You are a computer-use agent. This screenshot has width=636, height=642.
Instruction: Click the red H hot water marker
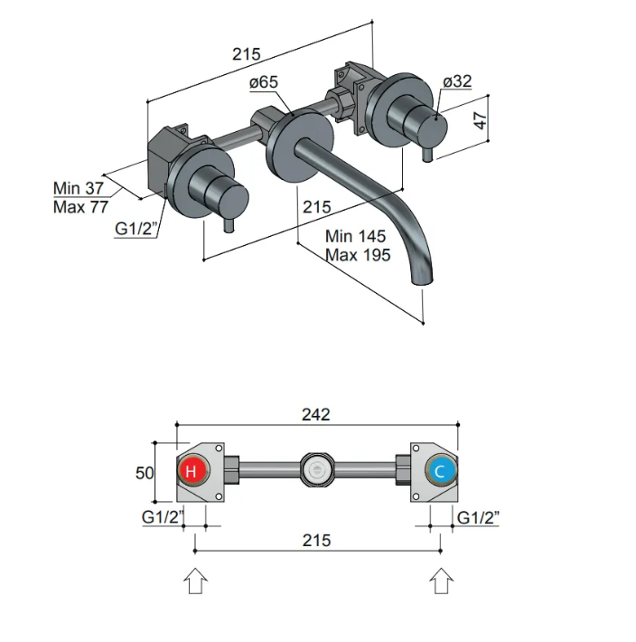point(192,470)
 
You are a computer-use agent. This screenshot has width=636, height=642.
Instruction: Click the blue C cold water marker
point(440,470)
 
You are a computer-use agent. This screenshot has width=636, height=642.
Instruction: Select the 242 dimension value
point(315,415)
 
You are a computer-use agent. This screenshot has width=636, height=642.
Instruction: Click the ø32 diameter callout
point(457,81)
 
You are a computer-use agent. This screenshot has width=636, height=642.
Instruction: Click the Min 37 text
point(79,188)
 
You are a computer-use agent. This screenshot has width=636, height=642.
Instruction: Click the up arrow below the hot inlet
point(196,581)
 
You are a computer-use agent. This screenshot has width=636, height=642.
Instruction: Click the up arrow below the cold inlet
point(440,581)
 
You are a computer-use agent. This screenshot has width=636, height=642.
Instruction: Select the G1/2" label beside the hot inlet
point(164,518)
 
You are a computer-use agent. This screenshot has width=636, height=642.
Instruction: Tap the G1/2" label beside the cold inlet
point(480,518)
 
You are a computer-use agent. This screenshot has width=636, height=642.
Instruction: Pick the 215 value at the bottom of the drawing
point(315,541)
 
